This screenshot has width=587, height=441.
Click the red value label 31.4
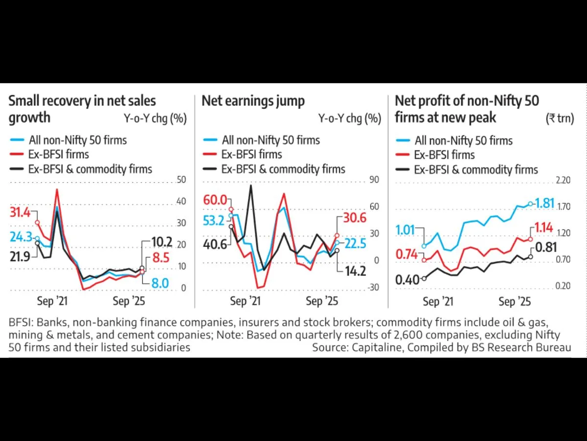click(20, 213)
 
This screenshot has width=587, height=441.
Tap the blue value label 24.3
click(21, 237)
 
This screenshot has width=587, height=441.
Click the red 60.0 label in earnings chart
click(215, 200)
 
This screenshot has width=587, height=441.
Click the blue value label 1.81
click(544, 203)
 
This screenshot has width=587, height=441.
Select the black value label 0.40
click(407, 280)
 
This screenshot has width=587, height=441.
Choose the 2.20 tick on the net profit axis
click(564, 180)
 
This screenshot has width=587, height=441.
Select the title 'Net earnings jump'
click(253, 101)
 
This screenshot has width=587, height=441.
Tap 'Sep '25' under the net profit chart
click(514, 301)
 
